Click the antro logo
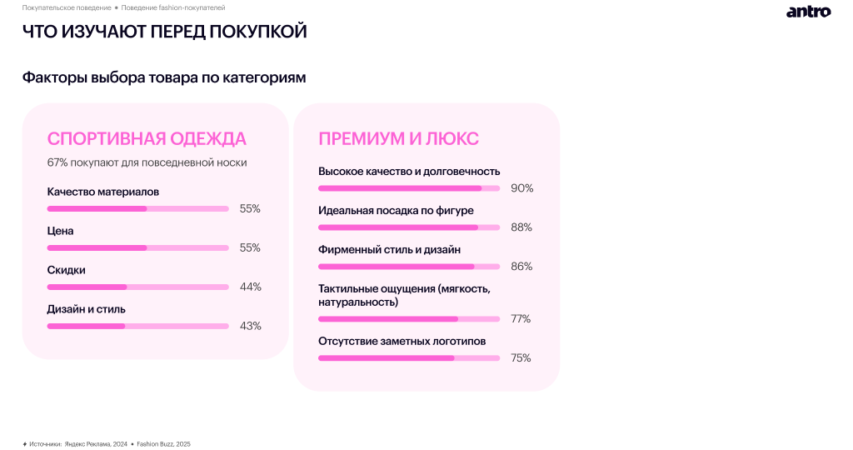point(808,12)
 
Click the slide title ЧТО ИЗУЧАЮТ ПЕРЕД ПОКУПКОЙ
point(164,32)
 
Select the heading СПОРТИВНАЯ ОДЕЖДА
point(147,138)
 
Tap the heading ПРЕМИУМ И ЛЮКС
point(398,138)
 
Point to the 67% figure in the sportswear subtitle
point(57,162)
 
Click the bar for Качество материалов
point(137,208)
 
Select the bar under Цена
point(137,247)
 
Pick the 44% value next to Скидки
point(250,287)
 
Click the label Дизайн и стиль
point(87,309)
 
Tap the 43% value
point(250,326)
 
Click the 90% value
point(521,188)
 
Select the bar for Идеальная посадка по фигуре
point(408,227)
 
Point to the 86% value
point(521,267)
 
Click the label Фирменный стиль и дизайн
point(389,249)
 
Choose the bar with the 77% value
point(408,319)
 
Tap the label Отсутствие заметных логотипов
point(402,341)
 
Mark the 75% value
point(521,358)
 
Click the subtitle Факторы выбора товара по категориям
point(164,77)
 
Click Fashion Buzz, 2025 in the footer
point(164,444)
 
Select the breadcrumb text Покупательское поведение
point(67,7)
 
